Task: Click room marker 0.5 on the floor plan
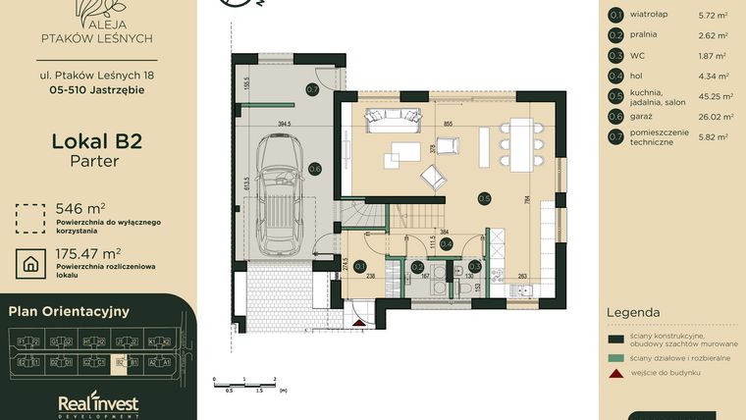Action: [484, 198]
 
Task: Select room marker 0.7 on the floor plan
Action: [312, 89]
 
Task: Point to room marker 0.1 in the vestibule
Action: [359, 266]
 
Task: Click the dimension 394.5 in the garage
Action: [285, 125]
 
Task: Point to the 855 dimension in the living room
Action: [448, 124]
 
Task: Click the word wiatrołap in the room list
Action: [649, 15]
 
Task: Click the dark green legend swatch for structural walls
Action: [615, 339]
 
